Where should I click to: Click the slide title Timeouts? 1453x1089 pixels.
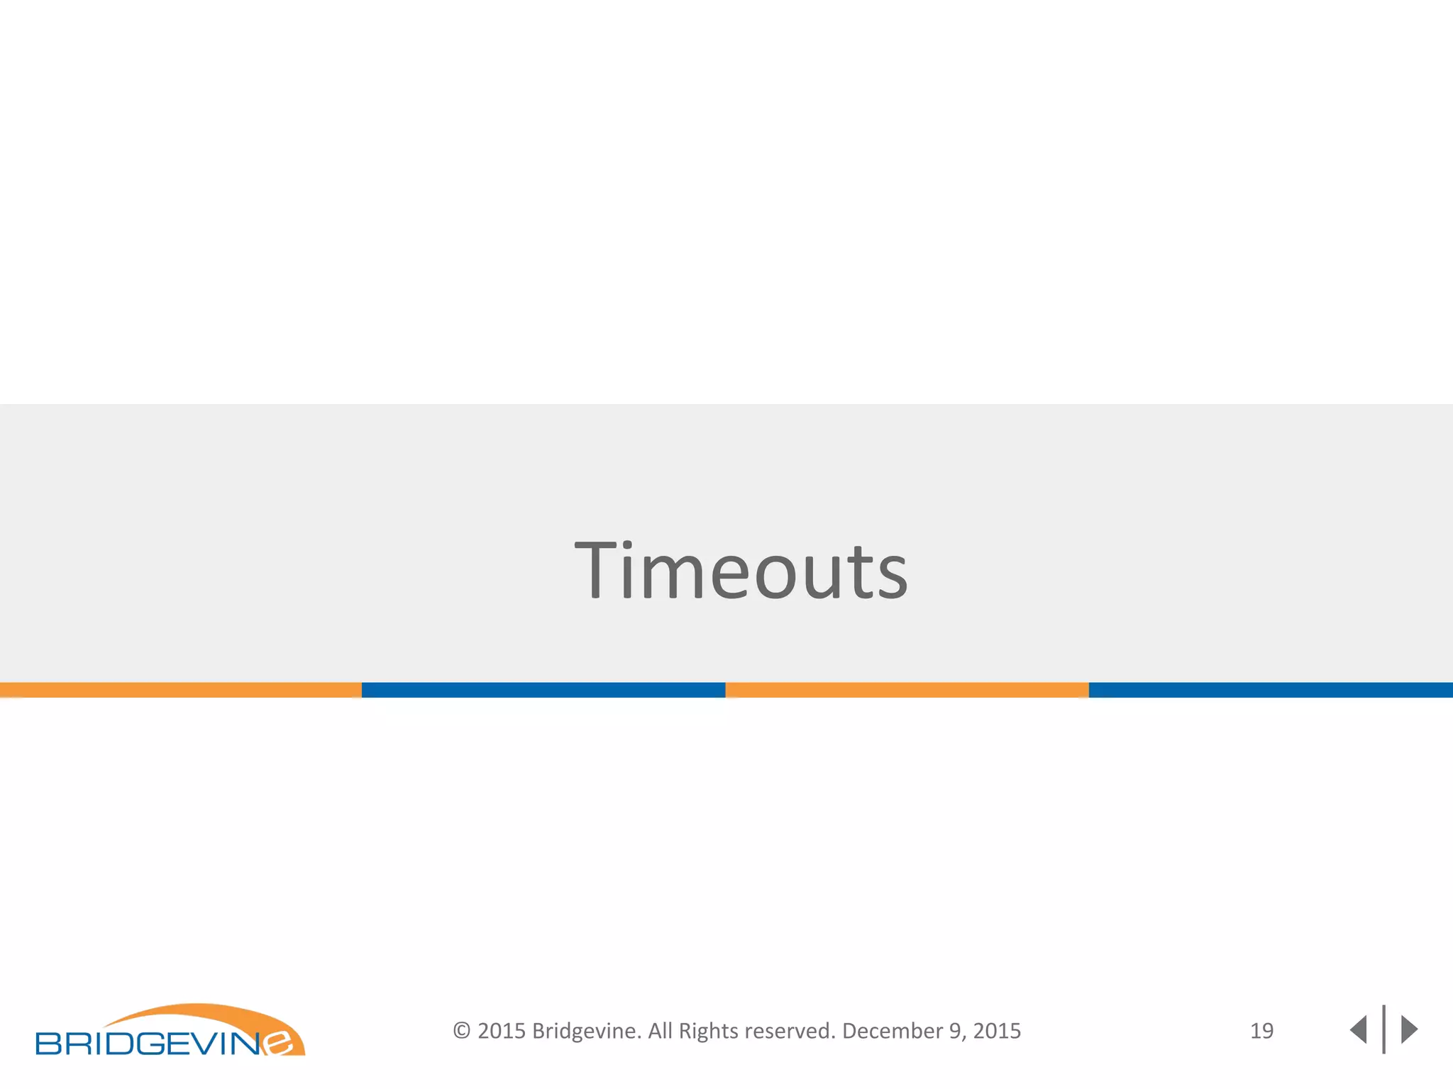(x=741, y=571)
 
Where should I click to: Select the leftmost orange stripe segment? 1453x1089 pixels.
(x=180, y=690)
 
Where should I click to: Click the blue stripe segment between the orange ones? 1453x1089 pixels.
(x=543, y=690)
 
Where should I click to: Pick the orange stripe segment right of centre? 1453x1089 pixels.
(x=907, y=690)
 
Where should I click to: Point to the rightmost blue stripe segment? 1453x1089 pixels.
(x=1270, y=690)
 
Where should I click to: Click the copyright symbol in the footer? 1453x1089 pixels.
(x=462, y=1031)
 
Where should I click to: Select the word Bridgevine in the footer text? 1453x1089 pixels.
(x=586, y=1031)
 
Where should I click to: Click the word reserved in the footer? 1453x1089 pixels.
(x=790, y=1031)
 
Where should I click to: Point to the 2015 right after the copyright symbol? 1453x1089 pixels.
(x=501, y=1031)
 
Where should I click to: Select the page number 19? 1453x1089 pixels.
(x=1261, y=1031)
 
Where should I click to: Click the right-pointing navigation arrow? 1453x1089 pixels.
(x=1408, y=1029)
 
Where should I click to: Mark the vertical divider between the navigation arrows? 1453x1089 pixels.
(x=1383, y=1029)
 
